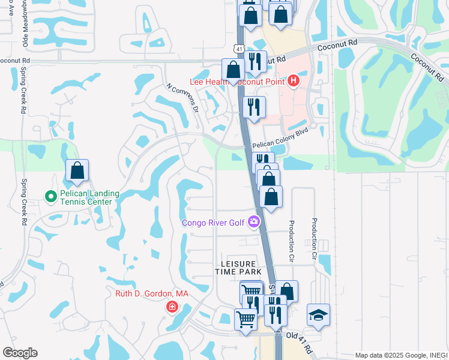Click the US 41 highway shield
click(x=238, y=48)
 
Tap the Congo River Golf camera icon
click(x=254, y=223)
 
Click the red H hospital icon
click(x=294, y=80)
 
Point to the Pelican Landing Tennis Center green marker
click(x=51, y=196)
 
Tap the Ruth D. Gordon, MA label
click(x=152, y=293)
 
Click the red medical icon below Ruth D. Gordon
click(x=172, y=307)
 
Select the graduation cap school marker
click(x=318, y=314)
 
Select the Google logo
click(x=19, y=353)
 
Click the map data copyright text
click(x=400, y=355)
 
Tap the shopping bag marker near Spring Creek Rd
click(x=77, y=170)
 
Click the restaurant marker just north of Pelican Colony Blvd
click(x=254, y=107)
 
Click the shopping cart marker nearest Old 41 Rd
click(x=246, y=319)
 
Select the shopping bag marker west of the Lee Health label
click(x=233, y=70)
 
